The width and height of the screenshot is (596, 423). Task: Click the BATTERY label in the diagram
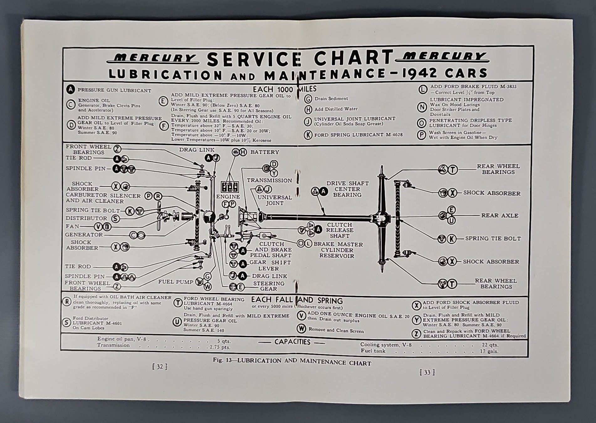[264, 152]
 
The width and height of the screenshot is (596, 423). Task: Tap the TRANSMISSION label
[269, 180]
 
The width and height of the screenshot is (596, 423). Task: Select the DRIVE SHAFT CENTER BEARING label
[347, 189]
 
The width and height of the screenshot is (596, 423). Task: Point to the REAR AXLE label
[499, 216]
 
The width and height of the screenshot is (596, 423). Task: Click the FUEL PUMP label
[175, 282]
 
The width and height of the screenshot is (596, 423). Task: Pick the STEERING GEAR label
[269, 286]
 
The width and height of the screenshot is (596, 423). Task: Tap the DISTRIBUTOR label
[86, 218]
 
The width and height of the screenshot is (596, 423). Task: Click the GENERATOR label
[84, 235]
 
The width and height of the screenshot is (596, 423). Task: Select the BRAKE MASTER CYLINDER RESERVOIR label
[338, 250]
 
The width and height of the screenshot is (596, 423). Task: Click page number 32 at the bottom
[160, 367]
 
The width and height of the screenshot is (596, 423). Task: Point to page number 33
[427, 372]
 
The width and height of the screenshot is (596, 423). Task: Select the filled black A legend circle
[71, 90]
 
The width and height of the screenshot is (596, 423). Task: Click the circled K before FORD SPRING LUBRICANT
[308, 135]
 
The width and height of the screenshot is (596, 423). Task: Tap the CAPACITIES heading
[292, 342]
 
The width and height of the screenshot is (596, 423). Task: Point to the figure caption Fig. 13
[291, 361]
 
